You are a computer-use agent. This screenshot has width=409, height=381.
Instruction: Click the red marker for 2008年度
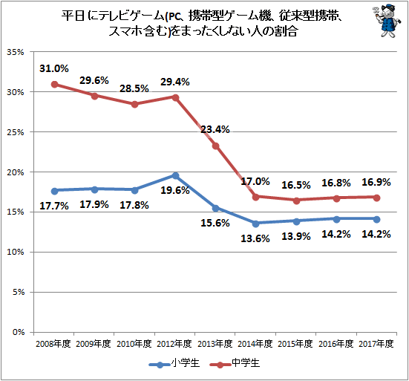click(54, 84)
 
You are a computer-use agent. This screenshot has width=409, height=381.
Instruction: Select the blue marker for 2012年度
click(175, 175)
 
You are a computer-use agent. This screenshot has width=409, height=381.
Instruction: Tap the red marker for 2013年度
click(216, 146)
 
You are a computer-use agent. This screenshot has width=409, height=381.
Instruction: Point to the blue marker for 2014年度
click(256, 224)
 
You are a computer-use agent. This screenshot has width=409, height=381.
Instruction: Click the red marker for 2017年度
click(376, 198)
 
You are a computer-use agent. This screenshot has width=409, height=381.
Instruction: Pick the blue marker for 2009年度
click(95, 189)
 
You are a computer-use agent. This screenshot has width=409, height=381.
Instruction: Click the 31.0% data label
click(54, 68)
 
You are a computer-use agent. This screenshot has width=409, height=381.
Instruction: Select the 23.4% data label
click(215, 129)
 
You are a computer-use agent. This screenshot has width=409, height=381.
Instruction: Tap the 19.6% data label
click(175, 190)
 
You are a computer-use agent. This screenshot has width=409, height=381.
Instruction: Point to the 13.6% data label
click(255, 238)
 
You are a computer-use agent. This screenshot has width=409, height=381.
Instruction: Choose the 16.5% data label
click(296, 185)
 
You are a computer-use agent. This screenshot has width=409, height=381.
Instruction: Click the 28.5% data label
click(134, 88)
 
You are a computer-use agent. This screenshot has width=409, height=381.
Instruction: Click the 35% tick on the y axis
click(15, 52)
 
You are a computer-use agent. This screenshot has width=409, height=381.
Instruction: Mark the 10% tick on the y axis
click(15, 252)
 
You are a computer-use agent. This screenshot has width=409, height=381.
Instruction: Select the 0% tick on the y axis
click(19, 332)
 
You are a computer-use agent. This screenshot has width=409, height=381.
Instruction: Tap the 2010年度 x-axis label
click(134, 344)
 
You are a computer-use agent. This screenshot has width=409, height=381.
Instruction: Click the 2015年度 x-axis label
click(295, 344)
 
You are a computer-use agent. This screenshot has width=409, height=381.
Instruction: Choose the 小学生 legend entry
click(174, 363)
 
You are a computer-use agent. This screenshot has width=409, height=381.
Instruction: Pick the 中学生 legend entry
click(235, 363)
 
